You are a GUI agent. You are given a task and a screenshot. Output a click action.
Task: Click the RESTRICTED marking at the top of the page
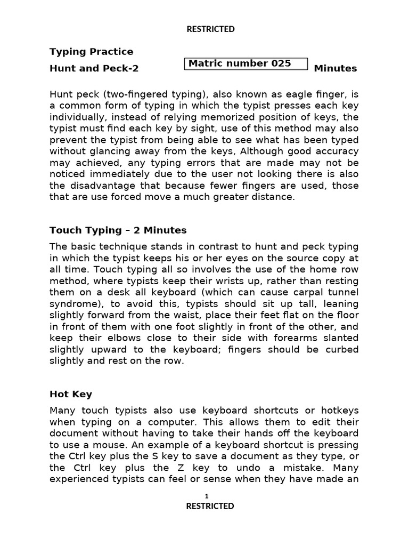(210, 29)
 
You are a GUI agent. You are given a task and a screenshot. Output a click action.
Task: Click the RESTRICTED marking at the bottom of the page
(210, 506)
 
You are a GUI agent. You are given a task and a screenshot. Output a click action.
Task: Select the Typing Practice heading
(91, 52)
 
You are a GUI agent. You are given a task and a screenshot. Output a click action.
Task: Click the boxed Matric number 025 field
(247, 63)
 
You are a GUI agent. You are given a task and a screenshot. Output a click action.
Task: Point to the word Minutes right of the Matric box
(336, 68)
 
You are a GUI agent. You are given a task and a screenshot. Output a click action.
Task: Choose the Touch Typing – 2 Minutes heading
(118, 230)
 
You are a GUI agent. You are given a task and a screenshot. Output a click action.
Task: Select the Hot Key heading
(71, 395)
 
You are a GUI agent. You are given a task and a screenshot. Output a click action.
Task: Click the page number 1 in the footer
(207, 496)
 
